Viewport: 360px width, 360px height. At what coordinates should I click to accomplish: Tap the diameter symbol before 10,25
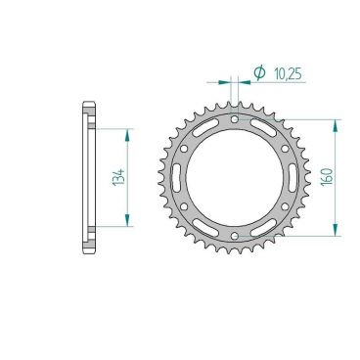pyautogui.click(x=259, y=70)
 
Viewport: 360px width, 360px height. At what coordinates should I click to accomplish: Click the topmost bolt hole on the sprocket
pyautogui.click(x=236, y=116)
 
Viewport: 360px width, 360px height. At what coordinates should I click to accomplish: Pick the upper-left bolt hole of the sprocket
pyautogui.click(x=184, y=147)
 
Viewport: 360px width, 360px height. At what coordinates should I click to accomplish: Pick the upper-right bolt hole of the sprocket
pyautogui.click(x=288, y=147)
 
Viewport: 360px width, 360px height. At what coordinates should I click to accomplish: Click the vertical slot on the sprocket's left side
pyautogui.click(x=177, y=177)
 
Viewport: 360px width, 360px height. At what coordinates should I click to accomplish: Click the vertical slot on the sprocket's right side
pyautogui.click(x=294, y=177)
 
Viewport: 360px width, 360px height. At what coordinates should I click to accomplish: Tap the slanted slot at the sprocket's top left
pyautogui.click(x=206, y=126)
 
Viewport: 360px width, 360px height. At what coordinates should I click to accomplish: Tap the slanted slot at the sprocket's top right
pyautogui.click(x=265, y=126)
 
